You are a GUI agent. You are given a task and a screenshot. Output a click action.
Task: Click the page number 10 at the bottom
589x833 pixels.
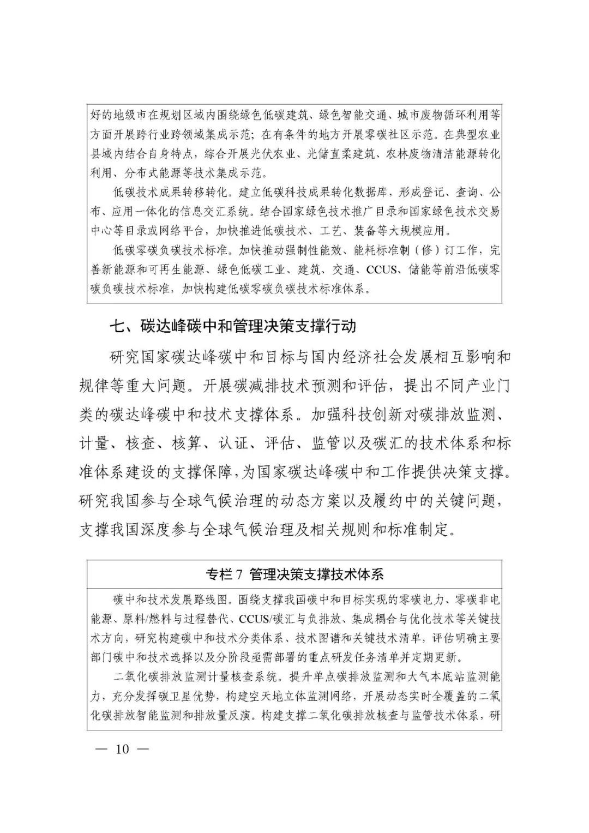pos(121,749)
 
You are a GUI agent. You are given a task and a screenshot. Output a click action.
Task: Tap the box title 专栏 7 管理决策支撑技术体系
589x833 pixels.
pos(294,574)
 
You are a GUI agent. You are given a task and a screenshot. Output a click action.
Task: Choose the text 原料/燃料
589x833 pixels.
pos(154,619)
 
